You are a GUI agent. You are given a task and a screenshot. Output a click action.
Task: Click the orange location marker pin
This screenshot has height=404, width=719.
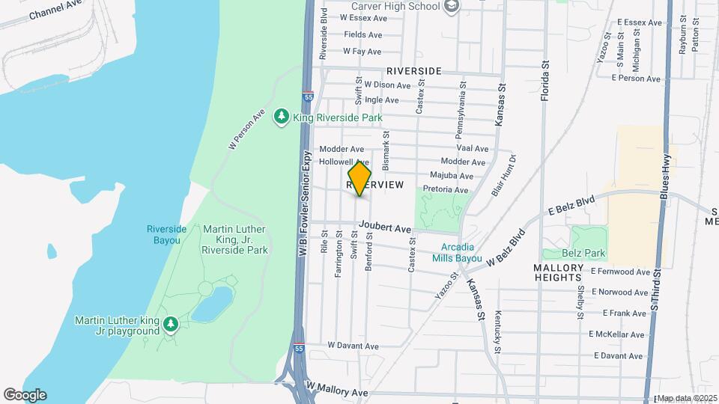[360, 179]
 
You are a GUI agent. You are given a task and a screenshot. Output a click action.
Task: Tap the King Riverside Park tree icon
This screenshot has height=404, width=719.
[282, 117]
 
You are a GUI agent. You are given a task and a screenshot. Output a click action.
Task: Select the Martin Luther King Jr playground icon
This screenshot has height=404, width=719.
[172, 323]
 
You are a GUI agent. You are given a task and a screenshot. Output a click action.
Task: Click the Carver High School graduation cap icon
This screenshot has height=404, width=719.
[452, 7]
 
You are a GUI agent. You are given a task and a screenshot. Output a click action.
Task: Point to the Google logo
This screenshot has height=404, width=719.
[24, 395]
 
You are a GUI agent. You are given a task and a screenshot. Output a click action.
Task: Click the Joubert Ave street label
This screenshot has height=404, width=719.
[385, 227]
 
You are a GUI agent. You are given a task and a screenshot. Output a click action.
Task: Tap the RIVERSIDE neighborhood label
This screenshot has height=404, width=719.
[414, 70]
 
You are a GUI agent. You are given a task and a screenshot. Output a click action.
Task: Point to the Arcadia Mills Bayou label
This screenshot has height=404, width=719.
[457, 253]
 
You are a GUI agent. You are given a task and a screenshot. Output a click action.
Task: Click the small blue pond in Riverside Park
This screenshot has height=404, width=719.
[213, 304]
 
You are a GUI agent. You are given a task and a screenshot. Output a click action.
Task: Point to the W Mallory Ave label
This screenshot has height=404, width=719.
[337, 391]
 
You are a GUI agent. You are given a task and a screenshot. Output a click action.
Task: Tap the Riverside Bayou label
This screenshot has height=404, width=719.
[163, 234]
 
